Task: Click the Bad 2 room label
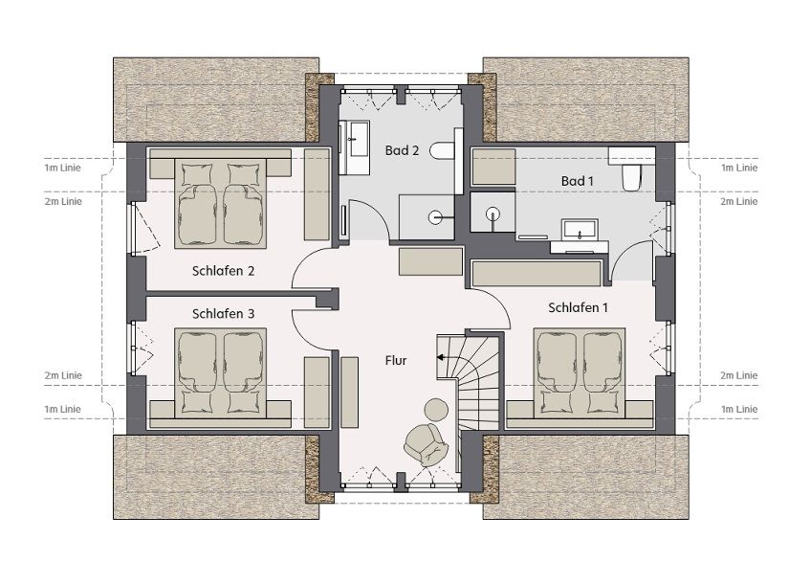[402, 150]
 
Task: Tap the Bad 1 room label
[577, 181]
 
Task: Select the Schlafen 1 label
[578, 307]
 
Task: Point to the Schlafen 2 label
[223, 271]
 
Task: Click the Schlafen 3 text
[223, 313]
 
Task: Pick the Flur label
[396, 360]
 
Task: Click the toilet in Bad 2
[443, 150]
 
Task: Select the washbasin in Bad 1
[580, 230]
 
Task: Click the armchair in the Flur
[426, 444]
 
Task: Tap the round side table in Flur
[436, 409]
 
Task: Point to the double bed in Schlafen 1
[580, 373]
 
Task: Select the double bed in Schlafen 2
[220, 203]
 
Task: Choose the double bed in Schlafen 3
[220, 373]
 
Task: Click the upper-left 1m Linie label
[62, 168]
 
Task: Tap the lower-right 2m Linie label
[738, 375]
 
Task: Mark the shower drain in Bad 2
[435, 217]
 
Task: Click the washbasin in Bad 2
[359, 139]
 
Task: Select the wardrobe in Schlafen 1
[536, 273]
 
